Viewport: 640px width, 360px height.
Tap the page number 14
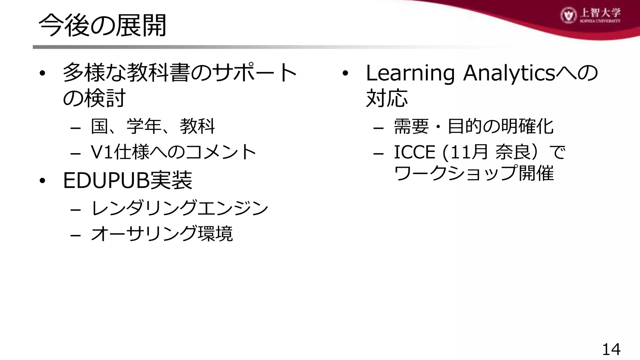[611, 349]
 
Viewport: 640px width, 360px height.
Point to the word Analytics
[509, 73]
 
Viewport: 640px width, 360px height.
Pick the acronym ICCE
[414, 152]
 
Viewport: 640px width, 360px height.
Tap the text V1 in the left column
[102, 152]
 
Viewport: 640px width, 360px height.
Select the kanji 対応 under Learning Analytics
[387, 98]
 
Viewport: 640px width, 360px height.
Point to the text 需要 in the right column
[411, 127]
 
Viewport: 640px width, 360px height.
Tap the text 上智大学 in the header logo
[600, 13]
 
